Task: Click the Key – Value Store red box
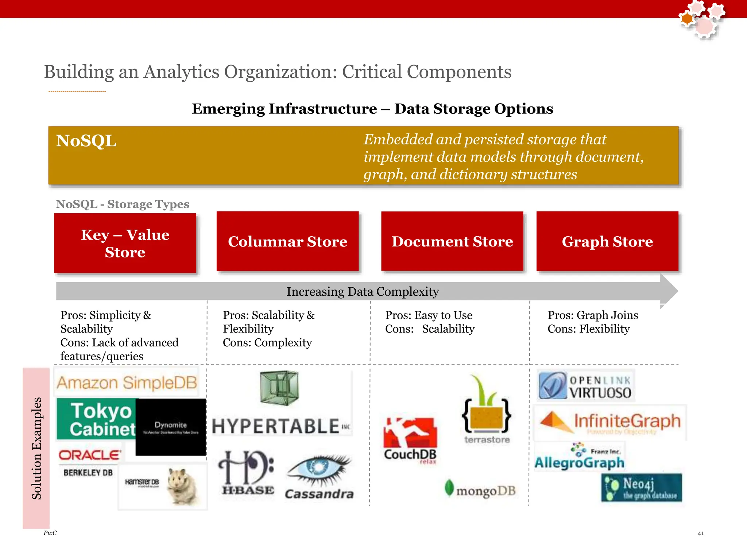pyautogui.click(x=125, y=243)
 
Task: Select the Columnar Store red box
pyautogui.click(x=287, y=241)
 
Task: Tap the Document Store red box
pyautogui.click(x=452, y=241)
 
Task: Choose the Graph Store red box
pyautogui.click(x=607, y=241)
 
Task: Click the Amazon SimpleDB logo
pyautogui.click(x=127, y=382)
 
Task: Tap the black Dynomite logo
pyautogui.click(x=171, y=427)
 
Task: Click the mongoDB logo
pyautogui.click(x=480, y=490)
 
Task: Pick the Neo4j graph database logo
pyautogui.click(x=642, y=487)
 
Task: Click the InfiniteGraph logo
pyautogui.click(x=610, y=422)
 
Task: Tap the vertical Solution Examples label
pyautogui.click(x=36, y=448)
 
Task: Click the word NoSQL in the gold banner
pyautogui.click(x=86, y=141)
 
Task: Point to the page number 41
pyautogui.click(x=700, y=533)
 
